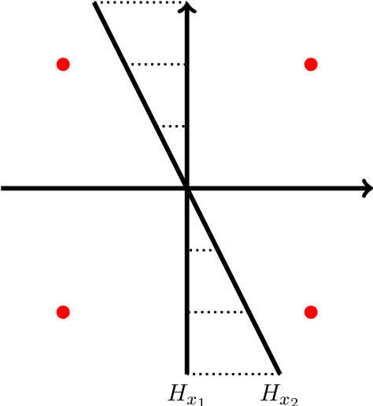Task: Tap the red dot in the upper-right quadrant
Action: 311,64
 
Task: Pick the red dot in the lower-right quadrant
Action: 311,312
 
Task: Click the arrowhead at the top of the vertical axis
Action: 187,7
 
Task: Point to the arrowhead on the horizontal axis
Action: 367,188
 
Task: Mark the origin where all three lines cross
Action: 187,188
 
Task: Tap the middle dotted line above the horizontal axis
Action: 157,64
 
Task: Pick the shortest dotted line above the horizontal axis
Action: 172,126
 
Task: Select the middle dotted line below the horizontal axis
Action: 218,312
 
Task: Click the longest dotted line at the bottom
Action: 234,373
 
